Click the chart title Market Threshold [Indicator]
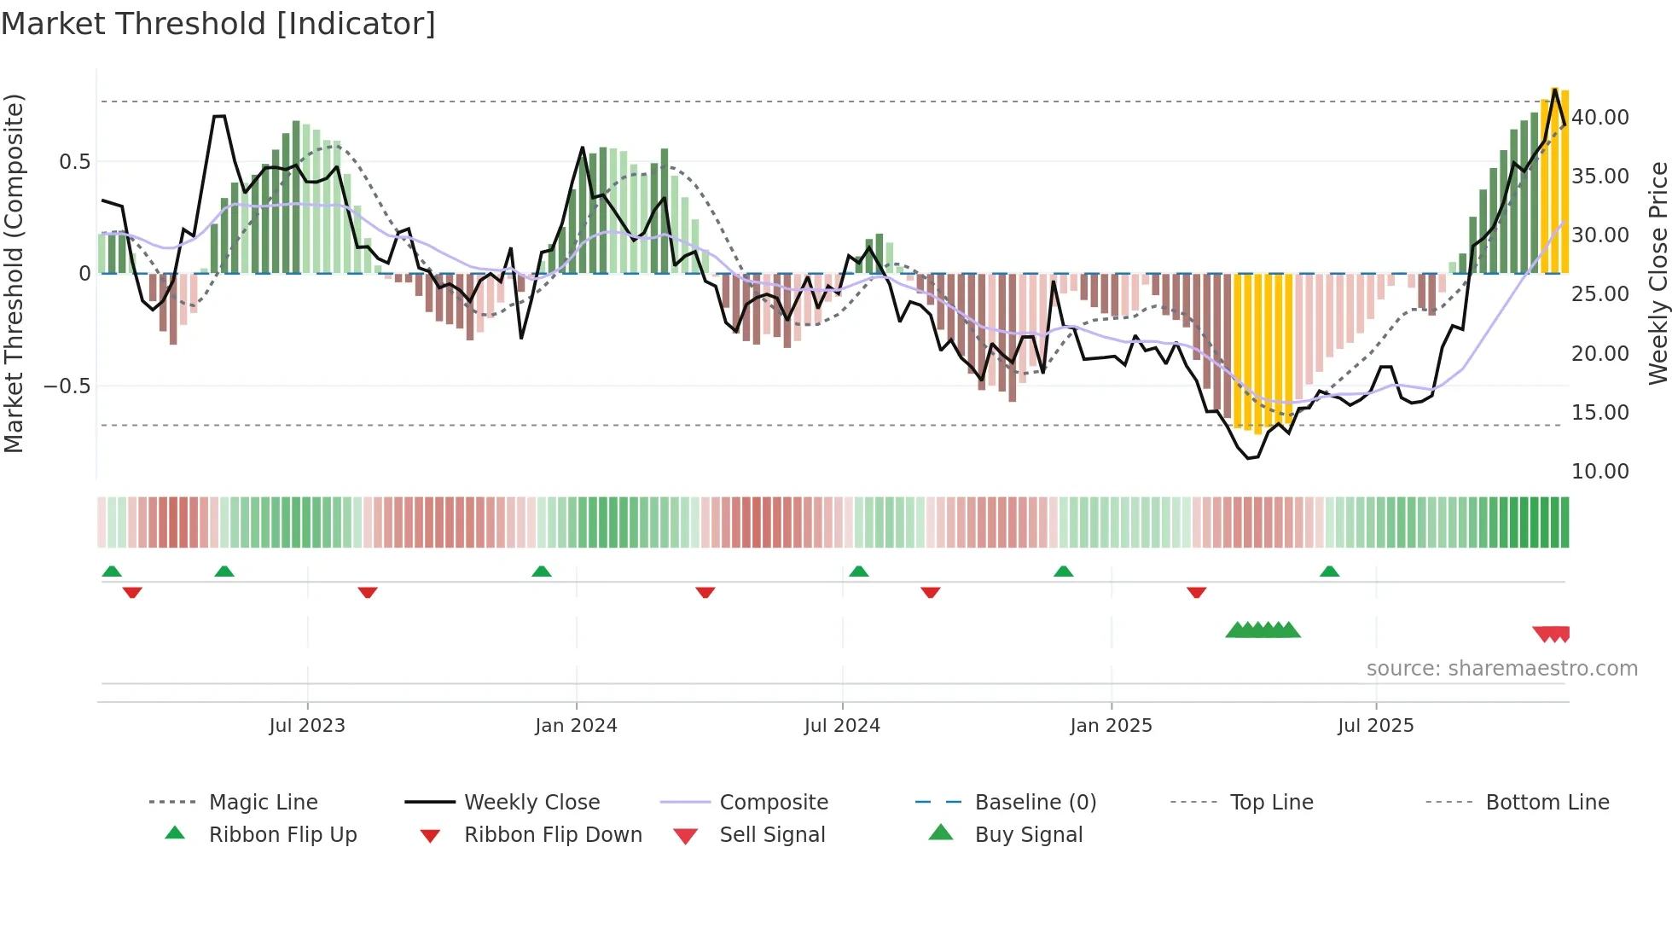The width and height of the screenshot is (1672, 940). (x=218, y=24)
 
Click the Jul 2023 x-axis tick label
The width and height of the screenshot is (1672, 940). (x=307, y=726)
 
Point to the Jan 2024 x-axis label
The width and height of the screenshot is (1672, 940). (x=576, y=726)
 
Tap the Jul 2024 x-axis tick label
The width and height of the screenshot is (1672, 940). (x=842, y=726)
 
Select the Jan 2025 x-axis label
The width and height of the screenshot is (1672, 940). (x=1111, y=726)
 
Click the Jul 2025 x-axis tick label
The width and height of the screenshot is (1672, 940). (x=1376, y=726)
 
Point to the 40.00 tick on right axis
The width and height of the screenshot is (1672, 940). (x=1600, y=118)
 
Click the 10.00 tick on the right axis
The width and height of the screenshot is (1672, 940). (x=1600, y=472)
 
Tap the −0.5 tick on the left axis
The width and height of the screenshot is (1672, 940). (x=67, y=386)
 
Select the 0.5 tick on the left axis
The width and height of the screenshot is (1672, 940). (x=74, y=162)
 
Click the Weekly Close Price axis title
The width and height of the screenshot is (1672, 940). (x=1657, y=273)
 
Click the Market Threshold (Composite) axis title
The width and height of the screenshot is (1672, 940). (x=14, y=273)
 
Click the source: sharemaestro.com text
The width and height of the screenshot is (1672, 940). (x=1501, y=669)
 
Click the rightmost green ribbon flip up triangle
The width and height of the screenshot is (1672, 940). (x=1329, y=572)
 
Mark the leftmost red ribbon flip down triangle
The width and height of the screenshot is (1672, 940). (x=132, y=592)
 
